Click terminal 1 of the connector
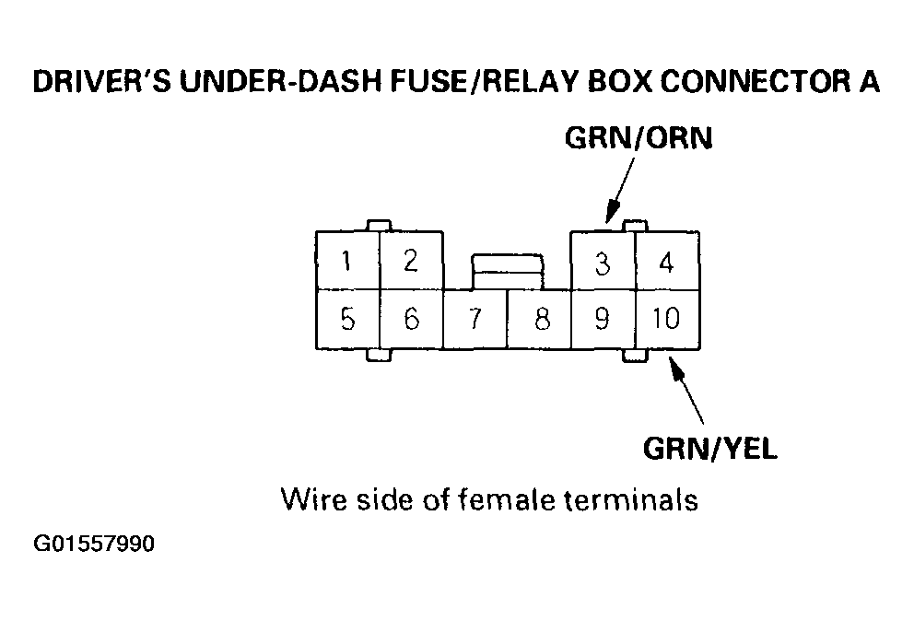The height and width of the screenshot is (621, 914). click(x=346, y=262)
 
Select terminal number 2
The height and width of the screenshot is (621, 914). click(x=411, y=262)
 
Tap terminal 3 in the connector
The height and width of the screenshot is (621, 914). click(x=603, y=264)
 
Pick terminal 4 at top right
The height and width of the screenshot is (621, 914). click(x=666, y=263)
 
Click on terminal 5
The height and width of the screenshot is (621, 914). click(x=347, y=319)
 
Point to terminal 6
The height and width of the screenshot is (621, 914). click(x=411, y=319)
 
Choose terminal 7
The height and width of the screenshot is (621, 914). click(x=475, y=320)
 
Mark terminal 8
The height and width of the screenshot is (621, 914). click(x=541, y=320)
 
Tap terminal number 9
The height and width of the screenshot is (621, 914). click(x=603, y=319)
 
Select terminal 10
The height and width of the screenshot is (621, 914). click(x=665, y=319)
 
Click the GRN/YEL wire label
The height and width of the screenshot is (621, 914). click(x=709, y=449)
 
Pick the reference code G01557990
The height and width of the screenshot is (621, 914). click(x=95, y=545)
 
